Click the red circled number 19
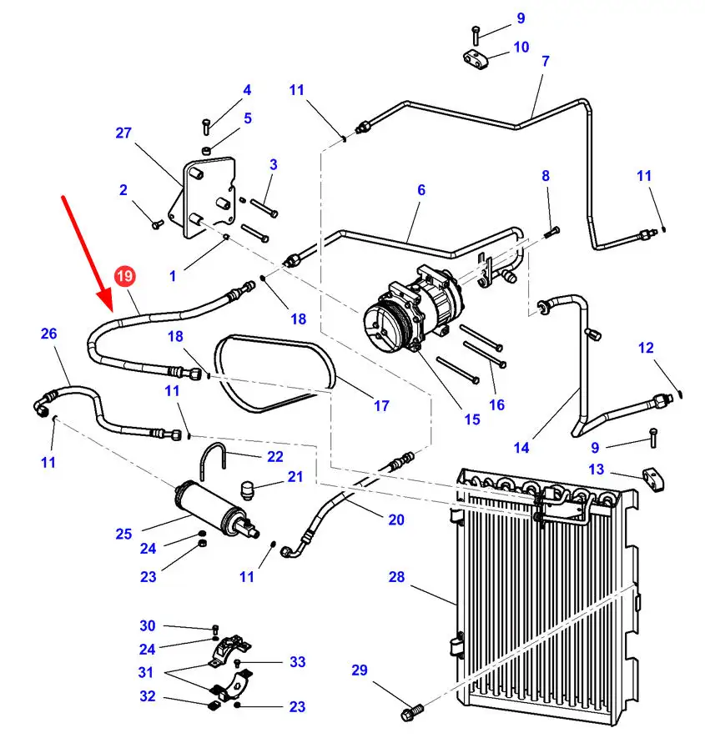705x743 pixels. tap(124, 276)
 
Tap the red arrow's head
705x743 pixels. tap(105, 300)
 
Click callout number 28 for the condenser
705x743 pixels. tap(396, 577)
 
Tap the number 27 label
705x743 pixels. tap(123, 133)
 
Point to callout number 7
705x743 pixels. tap(545, 61)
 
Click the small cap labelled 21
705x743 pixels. tap(246, 490)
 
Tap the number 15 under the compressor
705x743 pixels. tap(471, 419)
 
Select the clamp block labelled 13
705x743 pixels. tap(653, 479)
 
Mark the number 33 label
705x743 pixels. tap(297, 661)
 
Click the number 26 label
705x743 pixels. tap(49, 334)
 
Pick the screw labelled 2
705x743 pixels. tap(157, 223)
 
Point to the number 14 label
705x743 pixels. tap(521, 448)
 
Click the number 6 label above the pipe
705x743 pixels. tap(421, 190)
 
